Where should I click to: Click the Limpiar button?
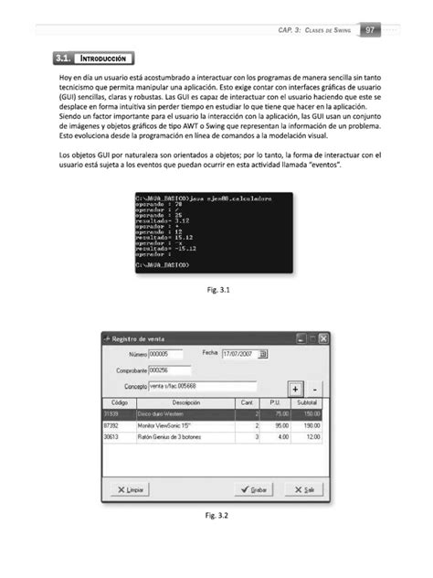tap(130, 490)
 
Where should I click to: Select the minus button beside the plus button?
tap(314, 388)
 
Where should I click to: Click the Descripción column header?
tap(185, 402)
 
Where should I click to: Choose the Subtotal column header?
tap(308, 402)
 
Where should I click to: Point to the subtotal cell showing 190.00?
tap(311, 425)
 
